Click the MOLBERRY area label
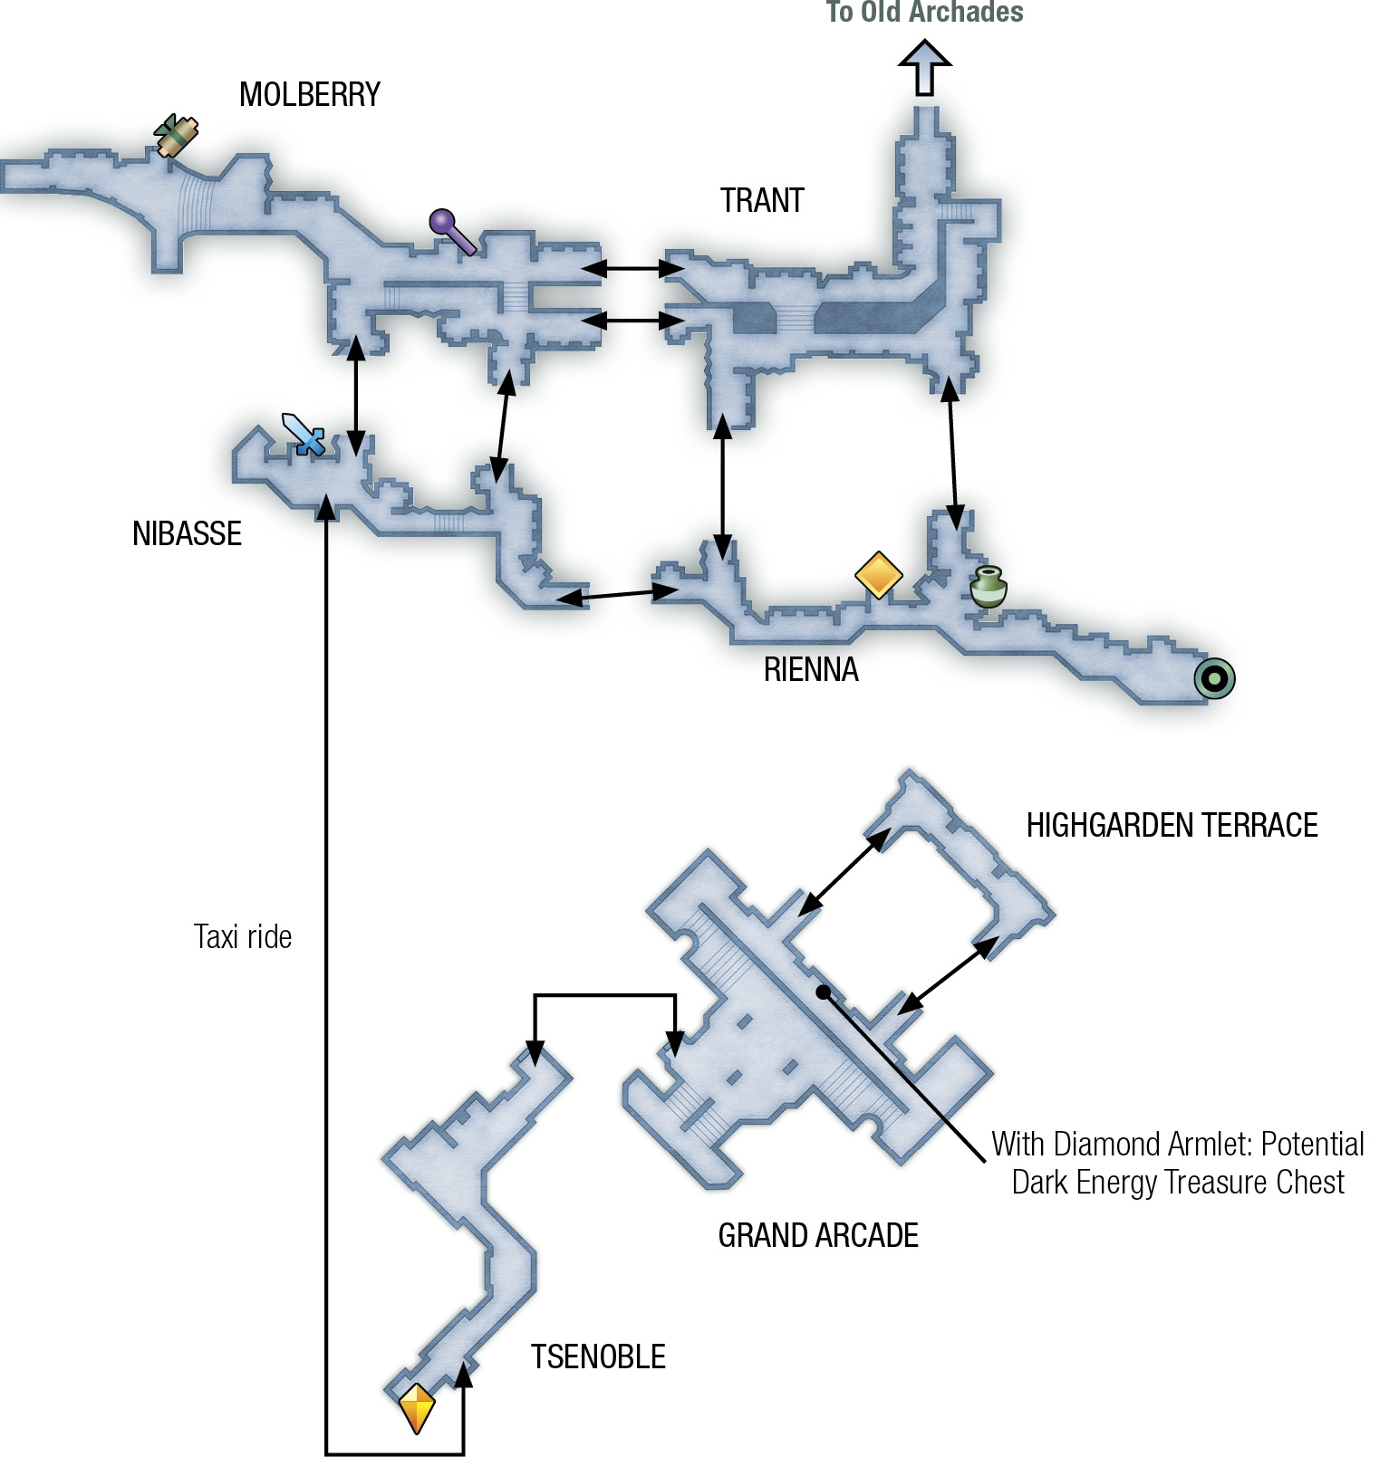[x=310, y=94]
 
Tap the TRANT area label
[x=762, y=200]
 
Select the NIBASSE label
[x=187, y=533]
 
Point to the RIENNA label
[x=811, y=669]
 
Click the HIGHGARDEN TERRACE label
[x=1172, y=825]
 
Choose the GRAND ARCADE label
[x=818, y=1235]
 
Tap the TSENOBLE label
[x=598, y=1356]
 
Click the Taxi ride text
[x=243, y=936]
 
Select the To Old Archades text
[x=925, y=12]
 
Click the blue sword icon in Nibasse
[x=304, y=435]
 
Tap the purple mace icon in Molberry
[x=452, y=232]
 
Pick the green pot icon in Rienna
[x=988, y=587]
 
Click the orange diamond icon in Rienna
[x=879, y=575]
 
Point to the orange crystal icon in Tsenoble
[x=418, y=1408]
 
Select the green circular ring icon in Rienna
[x=1214, y=678]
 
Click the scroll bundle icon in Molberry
[x=176, y=136]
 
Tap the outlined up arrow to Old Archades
[x=924, y=68]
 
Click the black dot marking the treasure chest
[x=823, y=992]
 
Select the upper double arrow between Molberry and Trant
[x=632, y=268]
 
